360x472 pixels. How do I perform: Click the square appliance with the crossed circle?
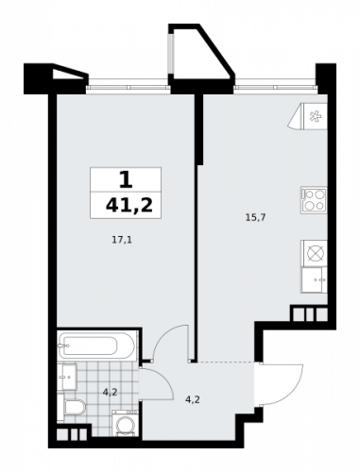314,252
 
